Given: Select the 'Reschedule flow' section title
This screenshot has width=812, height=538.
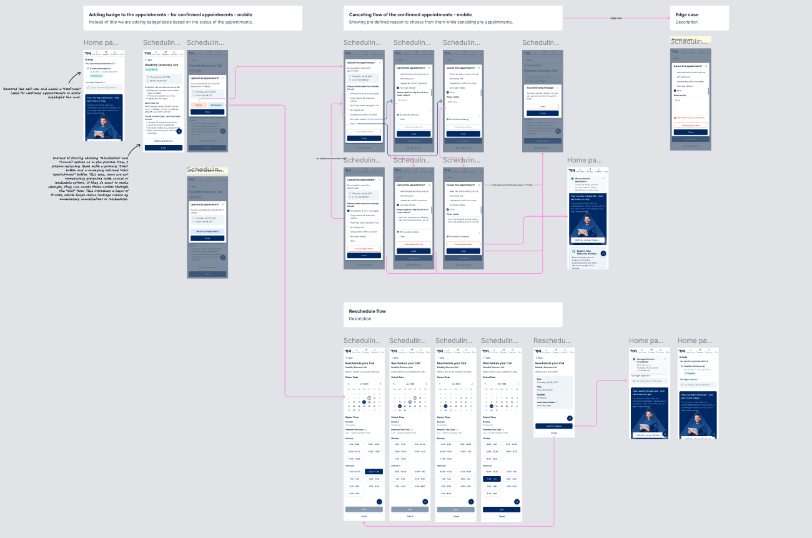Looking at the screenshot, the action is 367,311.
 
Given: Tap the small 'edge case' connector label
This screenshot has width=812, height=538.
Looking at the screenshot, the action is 616,18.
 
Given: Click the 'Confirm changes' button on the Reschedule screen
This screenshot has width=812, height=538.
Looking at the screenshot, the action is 553,426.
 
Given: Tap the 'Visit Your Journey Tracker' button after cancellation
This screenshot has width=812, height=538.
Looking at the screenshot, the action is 587,240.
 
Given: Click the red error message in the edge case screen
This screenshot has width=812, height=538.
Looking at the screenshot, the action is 690,117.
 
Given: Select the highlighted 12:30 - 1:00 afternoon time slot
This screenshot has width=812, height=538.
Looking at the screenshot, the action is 373,472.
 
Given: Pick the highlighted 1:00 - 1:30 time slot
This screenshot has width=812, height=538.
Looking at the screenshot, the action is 491,479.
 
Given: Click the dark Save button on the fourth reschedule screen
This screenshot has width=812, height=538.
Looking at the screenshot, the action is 502,509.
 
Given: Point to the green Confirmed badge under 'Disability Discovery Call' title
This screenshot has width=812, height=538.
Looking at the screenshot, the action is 151,69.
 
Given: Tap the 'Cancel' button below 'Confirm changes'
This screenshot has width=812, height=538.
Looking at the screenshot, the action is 553,432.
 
